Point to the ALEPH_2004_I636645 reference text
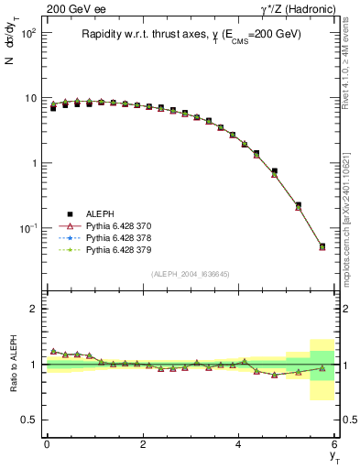pos(191,274)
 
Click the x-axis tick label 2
pos(143,444)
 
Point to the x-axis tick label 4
pos(239,444)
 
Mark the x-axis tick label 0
pos(47,444)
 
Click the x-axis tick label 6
pos(334,444)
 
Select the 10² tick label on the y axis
pos(28,33)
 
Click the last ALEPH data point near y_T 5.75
pos(322,245)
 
